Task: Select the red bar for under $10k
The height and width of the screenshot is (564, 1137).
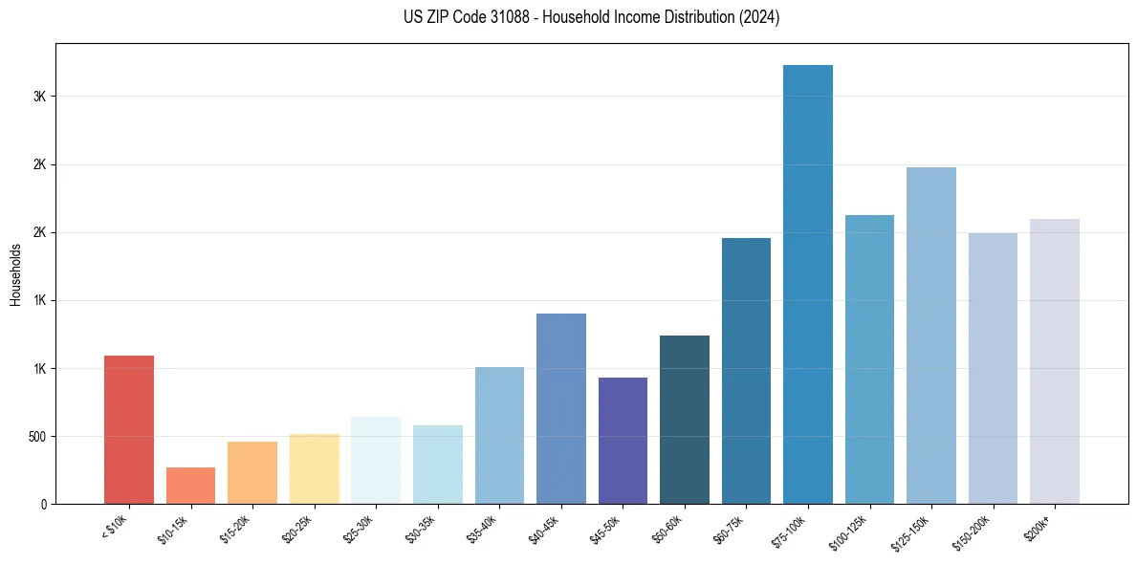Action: pyautogui.click(x=129, y=429)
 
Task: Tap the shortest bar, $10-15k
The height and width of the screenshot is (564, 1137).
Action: pyautogui.click(x=190, y=486)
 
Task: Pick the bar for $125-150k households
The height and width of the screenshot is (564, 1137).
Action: pyautogui.click(x=931, y=336)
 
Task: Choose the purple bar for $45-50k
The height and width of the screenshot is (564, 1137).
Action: pyautogui.click(x=623, y=441)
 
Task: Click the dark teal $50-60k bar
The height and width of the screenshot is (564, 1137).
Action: pyautogui.click(x=685, y=420)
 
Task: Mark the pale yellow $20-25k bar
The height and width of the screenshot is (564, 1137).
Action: pyautogui.click(x=315, y=468)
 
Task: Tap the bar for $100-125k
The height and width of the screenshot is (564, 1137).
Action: pyautogui.click(x=869, y=359)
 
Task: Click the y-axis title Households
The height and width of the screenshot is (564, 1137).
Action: pyautogui.click(x=15, y=274)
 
